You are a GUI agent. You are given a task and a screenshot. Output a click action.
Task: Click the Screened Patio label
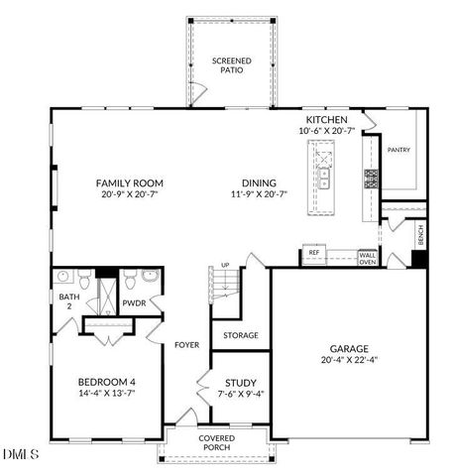click(231, 65)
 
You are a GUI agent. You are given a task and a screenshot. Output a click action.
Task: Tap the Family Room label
click(129, 182)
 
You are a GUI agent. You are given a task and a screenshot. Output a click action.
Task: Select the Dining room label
click(259, 182)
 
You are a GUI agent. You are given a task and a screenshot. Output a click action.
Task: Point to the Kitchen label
click(326, 119)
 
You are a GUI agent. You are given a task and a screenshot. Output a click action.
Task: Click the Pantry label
click(398, 150)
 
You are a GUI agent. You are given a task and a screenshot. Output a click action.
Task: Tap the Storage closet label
click(240, 335)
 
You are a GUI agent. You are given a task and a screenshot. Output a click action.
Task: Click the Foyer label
click(187, 346)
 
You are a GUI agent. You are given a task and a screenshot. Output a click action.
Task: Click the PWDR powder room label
click(134, 303)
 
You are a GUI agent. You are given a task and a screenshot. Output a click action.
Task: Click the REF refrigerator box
click(314, 254)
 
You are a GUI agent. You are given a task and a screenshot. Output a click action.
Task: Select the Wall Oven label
click(367, 258)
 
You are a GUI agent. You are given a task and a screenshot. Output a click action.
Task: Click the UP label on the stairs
click(225, 266)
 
